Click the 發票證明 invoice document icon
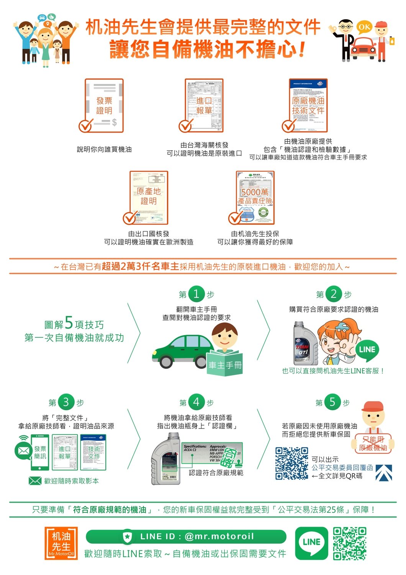[104, 105]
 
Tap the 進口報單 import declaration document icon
[204, 105]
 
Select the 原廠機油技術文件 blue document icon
[308, 105]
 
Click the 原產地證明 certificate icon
[149, 197]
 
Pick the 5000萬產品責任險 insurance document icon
[255, 197]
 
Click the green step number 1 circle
[196, 294]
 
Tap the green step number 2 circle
[334, 294]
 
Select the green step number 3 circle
[66, 402]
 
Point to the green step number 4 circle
[196, 402]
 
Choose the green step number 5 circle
[332, 402]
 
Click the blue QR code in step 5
[291, 463]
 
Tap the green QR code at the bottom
[349, 543]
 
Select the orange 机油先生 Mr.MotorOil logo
[61, 543]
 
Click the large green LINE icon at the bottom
[311, 542]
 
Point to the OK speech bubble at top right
[364, 27]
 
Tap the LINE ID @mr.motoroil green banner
[186, 536]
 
